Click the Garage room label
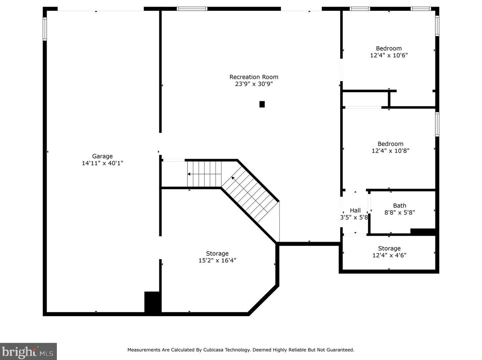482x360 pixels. pos(102,156)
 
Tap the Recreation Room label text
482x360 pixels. pos(254,77)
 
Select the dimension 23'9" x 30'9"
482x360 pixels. pos(254,84)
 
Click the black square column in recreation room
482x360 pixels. pos(262,104)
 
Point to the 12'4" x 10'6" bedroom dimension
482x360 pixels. pos(389,55)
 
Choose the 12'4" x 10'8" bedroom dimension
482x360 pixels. pos(390,151)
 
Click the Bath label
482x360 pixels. pos(400,206)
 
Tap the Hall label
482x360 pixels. pos(355,210)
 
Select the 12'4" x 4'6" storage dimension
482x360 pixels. pos(389,255)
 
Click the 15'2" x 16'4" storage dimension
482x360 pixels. pos(217,260)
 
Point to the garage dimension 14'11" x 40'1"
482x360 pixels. pos(102,163)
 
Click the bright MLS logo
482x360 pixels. pos(28,352)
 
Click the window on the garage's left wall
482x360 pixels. pos(45,29)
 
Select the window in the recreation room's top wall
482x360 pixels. pos(192,9)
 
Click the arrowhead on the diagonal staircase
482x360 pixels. pos(233,178)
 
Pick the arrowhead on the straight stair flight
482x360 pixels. pos(189,174)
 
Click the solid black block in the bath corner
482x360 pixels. pos(423,232)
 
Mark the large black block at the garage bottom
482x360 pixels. pos(153,302)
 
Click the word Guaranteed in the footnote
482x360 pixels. pos(340,350)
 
